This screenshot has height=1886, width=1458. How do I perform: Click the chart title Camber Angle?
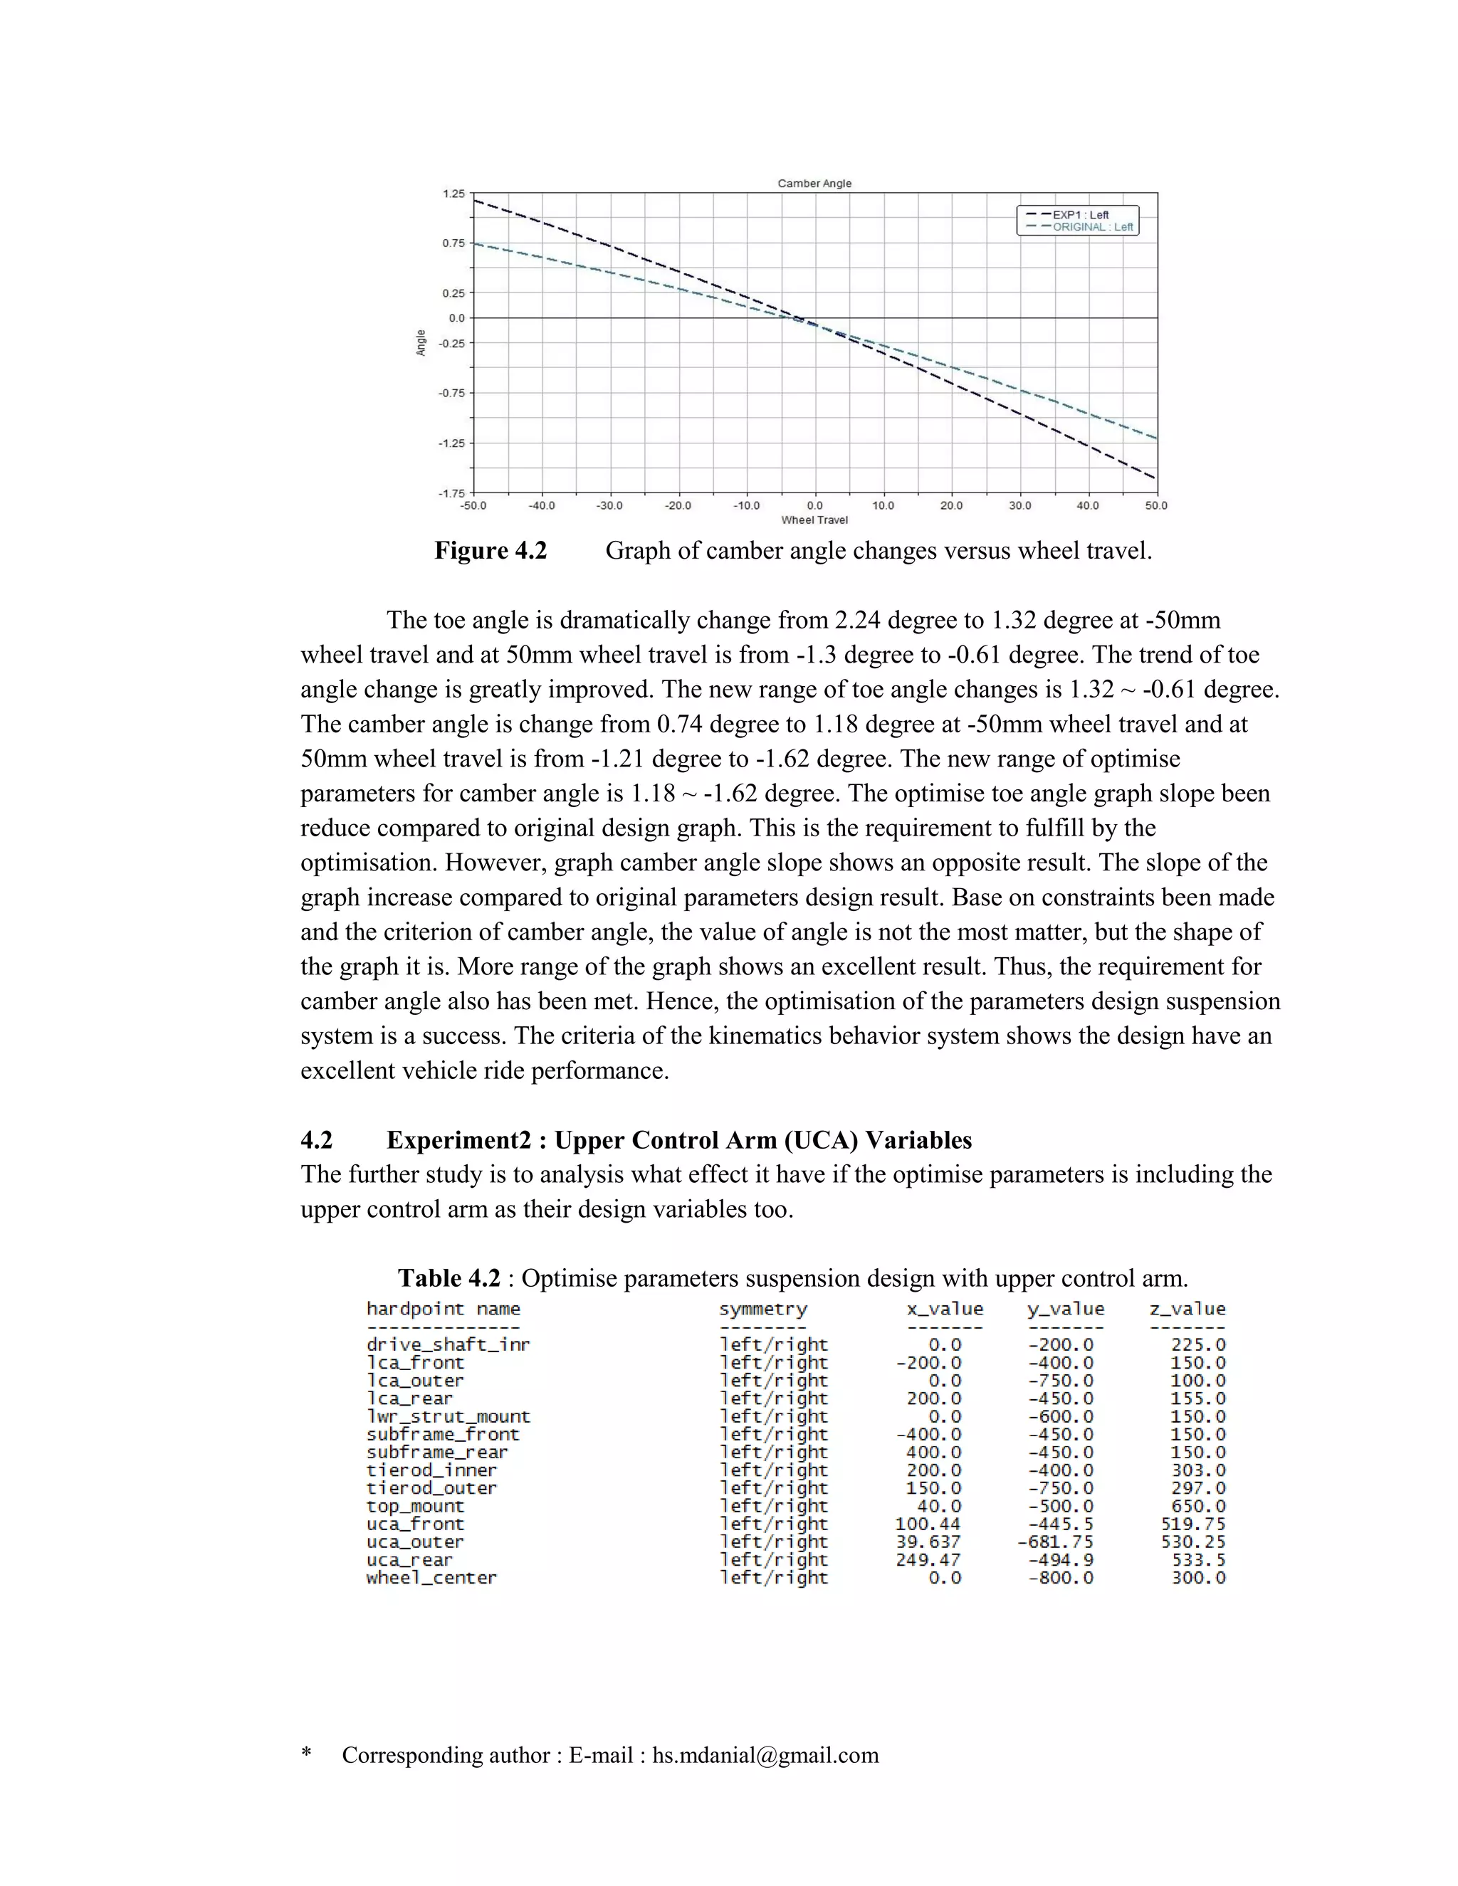tap(814, 183)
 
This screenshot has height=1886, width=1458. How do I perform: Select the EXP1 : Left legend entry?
tap(1080, 215)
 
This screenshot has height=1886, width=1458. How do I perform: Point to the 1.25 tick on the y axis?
tap(453, 194)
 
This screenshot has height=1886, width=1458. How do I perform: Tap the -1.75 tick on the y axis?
tap(452, 493)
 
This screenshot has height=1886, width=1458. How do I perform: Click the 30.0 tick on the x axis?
tap(1019, 506)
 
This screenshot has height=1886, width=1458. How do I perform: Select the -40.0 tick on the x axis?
tap(542, 506)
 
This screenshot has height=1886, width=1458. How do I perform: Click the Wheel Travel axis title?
tap(814, 520)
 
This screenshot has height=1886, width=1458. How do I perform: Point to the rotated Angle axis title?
tap(421, 343)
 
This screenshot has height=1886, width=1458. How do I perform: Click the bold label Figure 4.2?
tap(490, 551)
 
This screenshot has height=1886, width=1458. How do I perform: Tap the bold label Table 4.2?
tap(449, 1279)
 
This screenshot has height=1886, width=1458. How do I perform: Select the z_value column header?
tap(1187, 1309)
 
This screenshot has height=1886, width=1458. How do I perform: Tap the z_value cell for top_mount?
tap(1197, 1507)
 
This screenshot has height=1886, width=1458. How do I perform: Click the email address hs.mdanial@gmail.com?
tap(765, 1756)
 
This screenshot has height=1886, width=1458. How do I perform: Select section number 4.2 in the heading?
tap(316, 1141)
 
